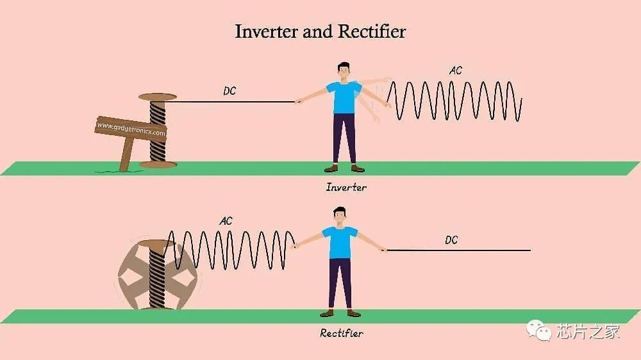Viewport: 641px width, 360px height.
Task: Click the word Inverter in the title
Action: (266, 31)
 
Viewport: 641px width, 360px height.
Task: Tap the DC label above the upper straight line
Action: (229, 91)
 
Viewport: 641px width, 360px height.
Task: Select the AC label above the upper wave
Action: (455, 70)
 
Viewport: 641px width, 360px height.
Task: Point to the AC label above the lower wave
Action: (226, 221)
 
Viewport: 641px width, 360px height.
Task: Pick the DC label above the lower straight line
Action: (451, 240)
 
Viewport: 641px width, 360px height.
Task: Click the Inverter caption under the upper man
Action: (346, 188)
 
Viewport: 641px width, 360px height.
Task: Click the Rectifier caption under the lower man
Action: (342, 334)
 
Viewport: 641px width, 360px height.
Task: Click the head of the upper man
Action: (344, 72)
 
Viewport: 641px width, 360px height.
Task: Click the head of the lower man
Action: (339, 217)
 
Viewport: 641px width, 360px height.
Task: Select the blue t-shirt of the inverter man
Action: (344, 97)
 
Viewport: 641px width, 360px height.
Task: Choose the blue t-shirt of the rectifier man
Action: (340, 242)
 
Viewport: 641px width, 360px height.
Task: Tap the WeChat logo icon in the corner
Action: (539, 330)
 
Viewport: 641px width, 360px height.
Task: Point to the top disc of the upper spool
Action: (158, 97)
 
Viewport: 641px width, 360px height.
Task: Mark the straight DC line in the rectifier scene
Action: (459, 250)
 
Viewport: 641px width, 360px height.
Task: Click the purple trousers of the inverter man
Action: (344, 139)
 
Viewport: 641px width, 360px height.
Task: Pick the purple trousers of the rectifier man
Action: (340, 284)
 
